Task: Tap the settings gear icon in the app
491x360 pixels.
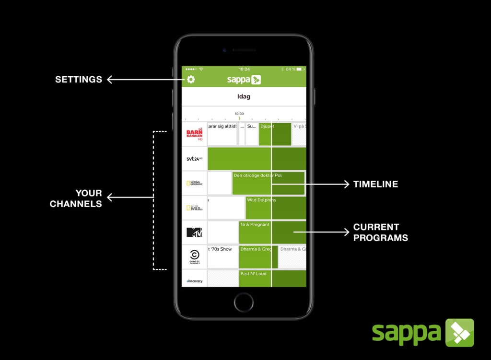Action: (x=191, y=80)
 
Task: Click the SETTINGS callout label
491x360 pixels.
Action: (x=79, y=80)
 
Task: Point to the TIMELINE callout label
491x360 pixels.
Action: (x=375, y=184)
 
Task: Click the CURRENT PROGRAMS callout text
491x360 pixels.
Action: (x=380, y=232)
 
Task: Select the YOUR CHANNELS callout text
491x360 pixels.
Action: (x=76, y=198)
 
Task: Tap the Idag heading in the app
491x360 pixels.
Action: (x=244, y=96)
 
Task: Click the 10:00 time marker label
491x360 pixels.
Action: (x=239, y=114)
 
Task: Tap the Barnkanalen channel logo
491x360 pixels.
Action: (x=194, y=134)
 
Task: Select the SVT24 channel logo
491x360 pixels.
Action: (x=194, y=159)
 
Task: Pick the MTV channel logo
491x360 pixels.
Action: (x=194, y=232)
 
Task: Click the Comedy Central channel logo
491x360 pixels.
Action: (x=194, y=257)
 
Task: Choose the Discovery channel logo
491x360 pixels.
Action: (x=194, y=281)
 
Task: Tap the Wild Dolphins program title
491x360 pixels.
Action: (x=261, y=200)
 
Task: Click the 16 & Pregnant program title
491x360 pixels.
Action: (x=255, y=224)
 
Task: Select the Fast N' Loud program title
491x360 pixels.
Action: (x=253, y=274)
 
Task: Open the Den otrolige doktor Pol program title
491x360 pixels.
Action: (x=257, y=175)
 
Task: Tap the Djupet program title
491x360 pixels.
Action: (x=267, y=126)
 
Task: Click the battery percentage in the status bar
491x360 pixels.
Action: (x=291, y=70)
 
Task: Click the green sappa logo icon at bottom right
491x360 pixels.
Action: (x=459, y=333)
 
